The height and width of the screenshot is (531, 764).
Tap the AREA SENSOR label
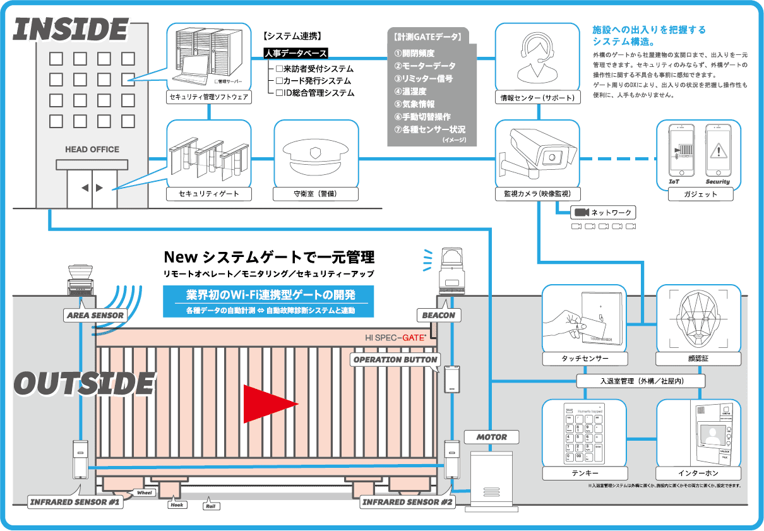[95, 315]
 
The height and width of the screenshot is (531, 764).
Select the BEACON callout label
[438, 314]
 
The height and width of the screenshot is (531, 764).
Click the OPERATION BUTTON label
[395, 359]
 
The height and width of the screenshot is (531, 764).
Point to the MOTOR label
[492, 437]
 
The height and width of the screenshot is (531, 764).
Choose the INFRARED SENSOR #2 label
[407, 502]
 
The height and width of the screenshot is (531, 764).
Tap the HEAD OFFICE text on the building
[92, 150]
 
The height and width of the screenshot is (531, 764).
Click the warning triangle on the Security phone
[718, 151]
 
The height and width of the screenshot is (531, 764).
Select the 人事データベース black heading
[295, 54]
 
